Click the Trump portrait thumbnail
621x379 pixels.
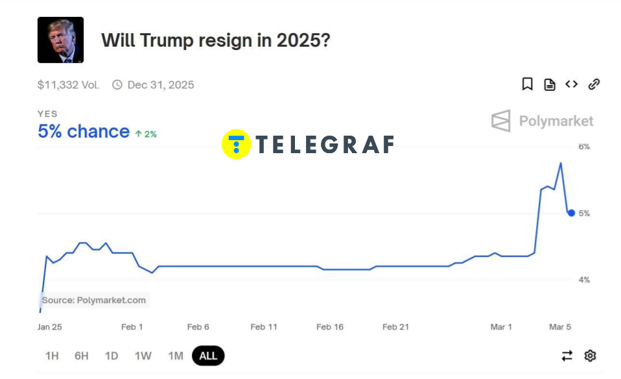click(60, 40)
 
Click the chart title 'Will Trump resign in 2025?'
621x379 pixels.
click(215, 40)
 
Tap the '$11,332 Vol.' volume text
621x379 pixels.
click(68, 85)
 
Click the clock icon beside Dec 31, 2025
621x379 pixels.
click(117, 84)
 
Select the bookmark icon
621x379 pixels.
click(528, 84)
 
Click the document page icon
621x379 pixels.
click(550, 84)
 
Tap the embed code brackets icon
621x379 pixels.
click(571, 84)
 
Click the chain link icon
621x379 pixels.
click(594, 84)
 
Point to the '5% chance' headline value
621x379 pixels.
click(84, 132)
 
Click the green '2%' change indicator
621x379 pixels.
click(146, 134)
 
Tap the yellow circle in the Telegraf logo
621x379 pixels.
click(237, 144)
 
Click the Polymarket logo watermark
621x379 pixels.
click(542, 121)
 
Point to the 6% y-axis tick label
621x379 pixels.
click(584, 147)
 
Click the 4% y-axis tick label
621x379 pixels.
click(584, 280)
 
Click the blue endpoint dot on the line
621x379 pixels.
click(571, 213)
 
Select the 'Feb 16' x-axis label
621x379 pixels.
click(330, 326)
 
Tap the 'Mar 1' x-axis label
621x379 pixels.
click(501, 326)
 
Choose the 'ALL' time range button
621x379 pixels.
click(208, 356)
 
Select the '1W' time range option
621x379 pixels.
click(143, 356)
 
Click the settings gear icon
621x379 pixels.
click(590, 356)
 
